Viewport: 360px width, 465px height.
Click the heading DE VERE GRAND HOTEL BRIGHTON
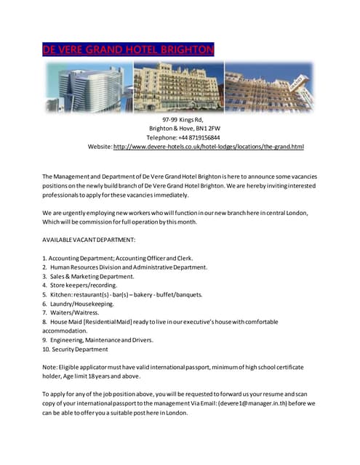pyautogui.click(x=128, y=50)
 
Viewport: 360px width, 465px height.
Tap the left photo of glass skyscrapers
pyautogui.click(x=90, y=86)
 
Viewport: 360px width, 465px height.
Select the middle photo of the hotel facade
pyautogui.click(x=179, y=86)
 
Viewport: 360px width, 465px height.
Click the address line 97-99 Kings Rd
pyautogui.click(x=182, y=119)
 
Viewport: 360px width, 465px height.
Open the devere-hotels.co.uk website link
pyautogui.click(x=208, y=147)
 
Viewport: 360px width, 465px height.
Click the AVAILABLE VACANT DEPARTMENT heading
pyautogui.click(x=89, y=239)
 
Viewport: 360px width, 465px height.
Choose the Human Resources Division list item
pyautogui.click(x=124, y=267)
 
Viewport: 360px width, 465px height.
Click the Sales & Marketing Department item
pyautogui.click(x=88, y=277)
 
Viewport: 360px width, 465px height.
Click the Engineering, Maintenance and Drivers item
pyautogui.click(x=97, y=339)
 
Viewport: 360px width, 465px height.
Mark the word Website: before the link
pyautogui.click(x=100, y=147)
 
